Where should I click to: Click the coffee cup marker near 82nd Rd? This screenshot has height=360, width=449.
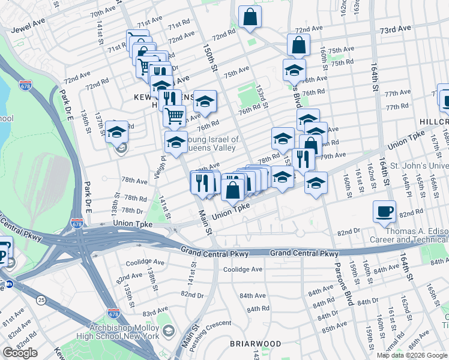384,211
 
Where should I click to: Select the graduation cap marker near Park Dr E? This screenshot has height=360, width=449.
116,132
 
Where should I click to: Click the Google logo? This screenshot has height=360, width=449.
20,353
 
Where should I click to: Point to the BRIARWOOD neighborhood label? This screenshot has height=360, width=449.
255,344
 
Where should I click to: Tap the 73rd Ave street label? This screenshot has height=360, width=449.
396,28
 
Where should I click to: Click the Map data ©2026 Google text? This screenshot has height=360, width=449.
412,355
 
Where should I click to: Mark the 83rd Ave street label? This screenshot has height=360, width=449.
154,314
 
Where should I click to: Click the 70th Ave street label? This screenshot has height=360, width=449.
102,13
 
